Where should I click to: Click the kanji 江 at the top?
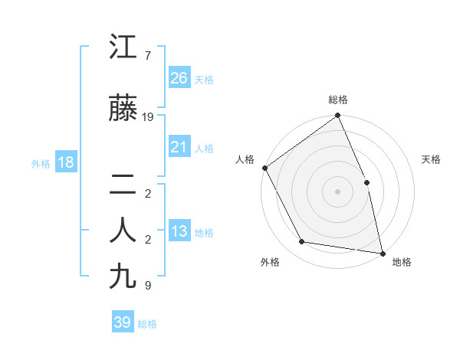[124, 47]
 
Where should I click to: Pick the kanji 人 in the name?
[124, 231]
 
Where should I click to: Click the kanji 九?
[124, 276]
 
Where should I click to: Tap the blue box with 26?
[179, 78]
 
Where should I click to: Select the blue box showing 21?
[179, 147]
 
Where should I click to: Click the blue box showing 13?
[179, 231]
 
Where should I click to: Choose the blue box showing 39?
[123, 322]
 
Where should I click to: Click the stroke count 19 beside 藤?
[149, 117]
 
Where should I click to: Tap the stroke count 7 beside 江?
[147, 56]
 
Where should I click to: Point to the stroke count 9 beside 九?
[147, 286]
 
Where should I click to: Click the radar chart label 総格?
[338, 100]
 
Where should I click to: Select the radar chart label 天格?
[431, 159]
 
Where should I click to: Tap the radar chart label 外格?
[270, 263]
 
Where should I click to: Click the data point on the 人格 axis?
[264, 168]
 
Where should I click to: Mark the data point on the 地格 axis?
[382, 252]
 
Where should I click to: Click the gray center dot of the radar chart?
[337, 191]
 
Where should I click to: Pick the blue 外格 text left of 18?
[40, 163]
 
